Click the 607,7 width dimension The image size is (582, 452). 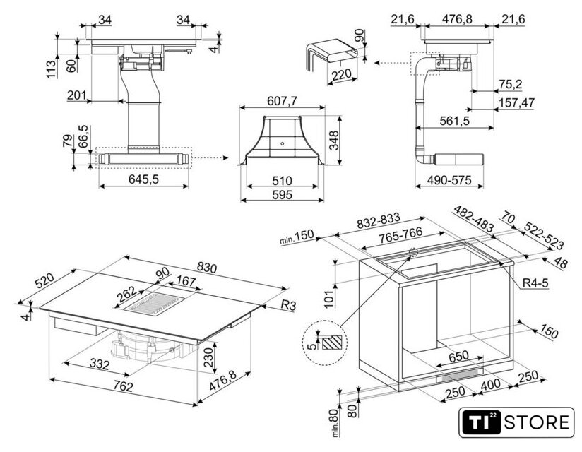click(x=283, y=101)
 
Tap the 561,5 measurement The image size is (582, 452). click(x=454, y=121)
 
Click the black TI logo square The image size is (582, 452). click(x=480, y=423)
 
